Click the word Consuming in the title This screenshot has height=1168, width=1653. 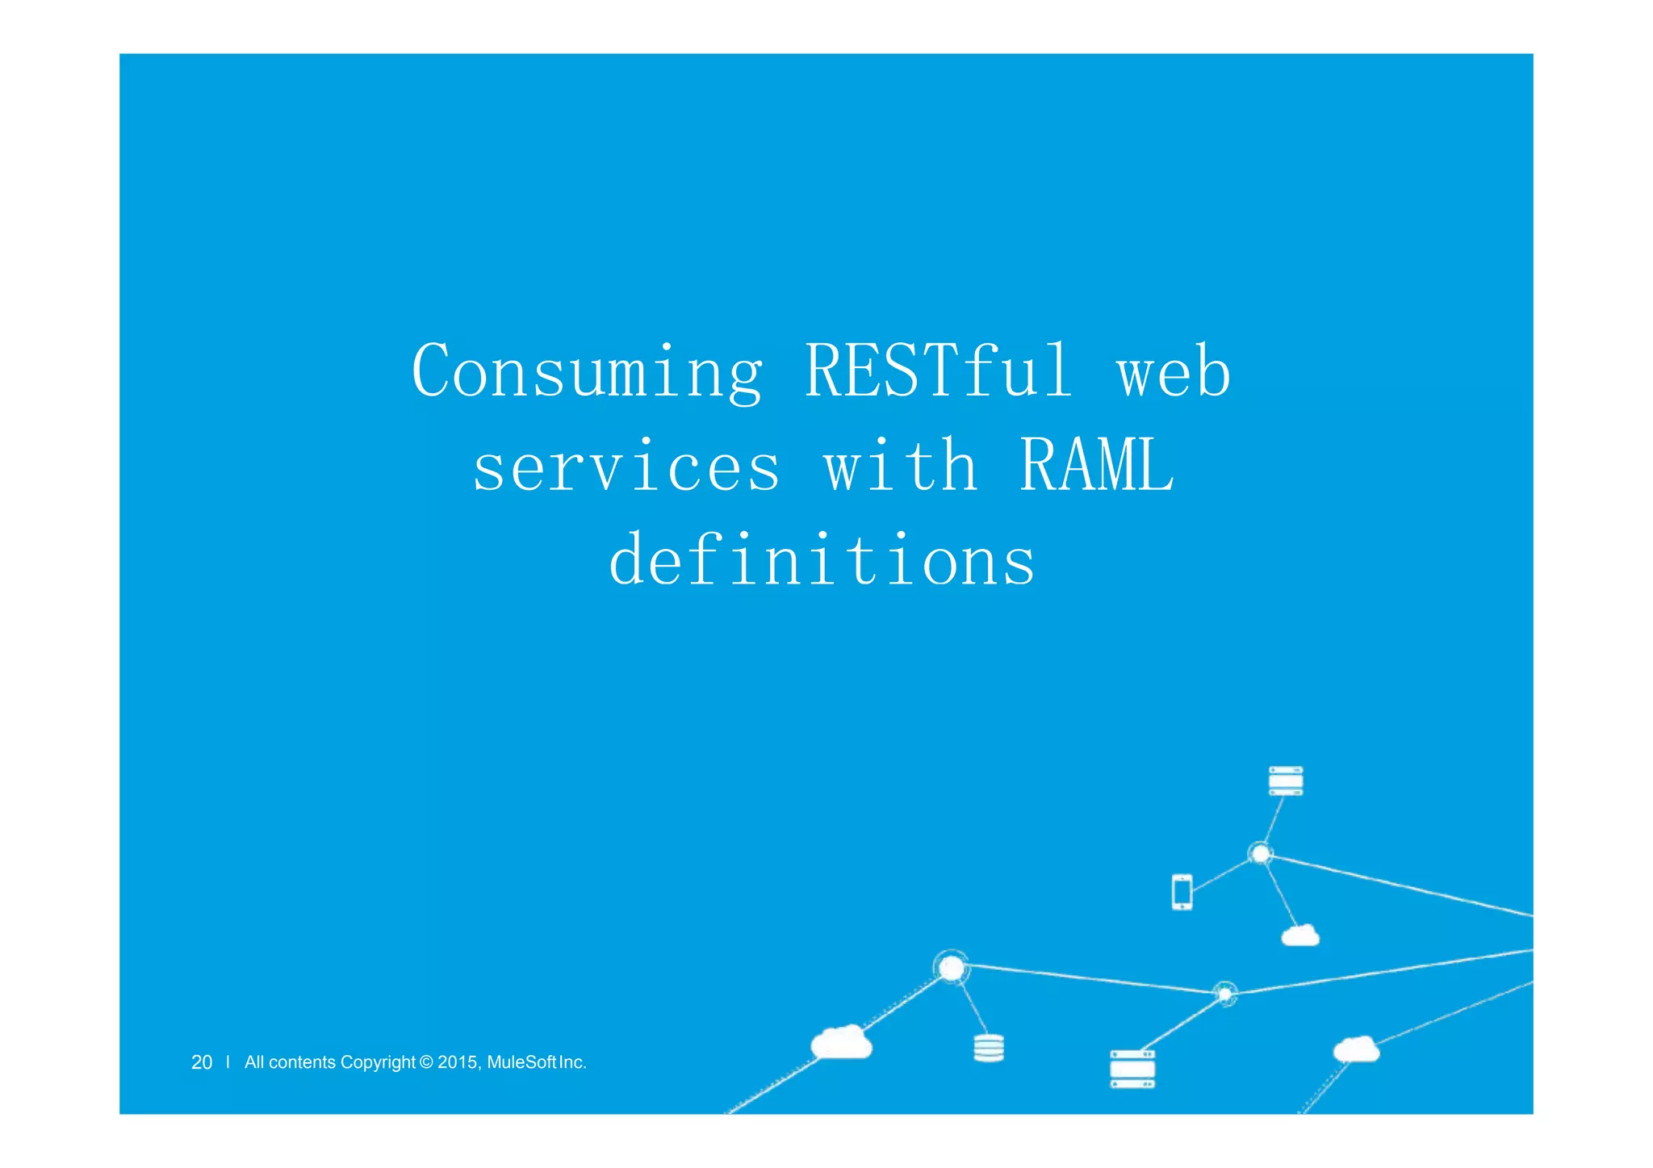coord(587,372)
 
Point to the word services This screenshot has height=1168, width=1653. coord(626,467)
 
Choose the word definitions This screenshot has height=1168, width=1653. coord(822,560)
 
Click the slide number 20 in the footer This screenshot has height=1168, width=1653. coord(202,1062)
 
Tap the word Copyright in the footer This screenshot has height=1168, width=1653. coord(377,1062)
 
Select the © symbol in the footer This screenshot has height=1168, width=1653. coord(427,1062)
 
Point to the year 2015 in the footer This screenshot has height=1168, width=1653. coord(458,1062)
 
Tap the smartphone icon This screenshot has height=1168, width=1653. coord(1182,892)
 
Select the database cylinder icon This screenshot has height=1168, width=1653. coord(989,1048)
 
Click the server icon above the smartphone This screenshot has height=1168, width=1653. coord(1285,781)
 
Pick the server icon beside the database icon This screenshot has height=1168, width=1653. coord(1132,1069)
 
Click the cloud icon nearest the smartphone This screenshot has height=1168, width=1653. coord(1300,936)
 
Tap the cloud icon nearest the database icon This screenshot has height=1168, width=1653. coord(841,1042)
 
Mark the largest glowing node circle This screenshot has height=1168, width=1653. coord(952,967)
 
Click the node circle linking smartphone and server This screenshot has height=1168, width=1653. coord(1260,853)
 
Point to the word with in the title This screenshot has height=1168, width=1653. coord(900,467)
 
